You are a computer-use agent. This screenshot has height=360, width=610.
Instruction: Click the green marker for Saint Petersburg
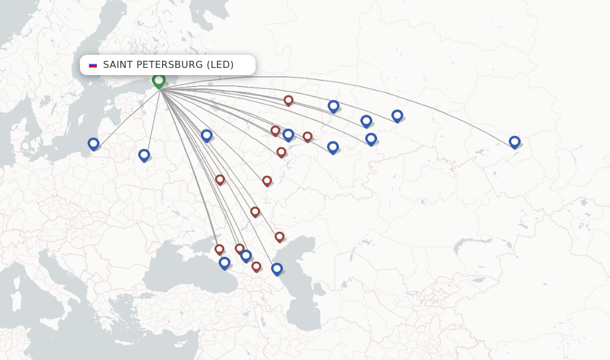click(x=158, y=80)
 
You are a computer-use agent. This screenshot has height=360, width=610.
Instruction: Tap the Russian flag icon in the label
click(x=93, y=65)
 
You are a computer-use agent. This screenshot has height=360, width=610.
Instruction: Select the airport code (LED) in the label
click(x=220, y=64)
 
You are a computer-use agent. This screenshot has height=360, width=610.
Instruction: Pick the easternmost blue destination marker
click(x=515, y=141)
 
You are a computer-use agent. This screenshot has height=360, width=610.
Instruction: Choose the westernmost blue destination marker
click(x=94, y=143)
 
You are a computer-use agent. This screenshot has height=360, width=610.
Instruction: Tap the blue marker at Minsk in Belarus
click(x=144, y=154)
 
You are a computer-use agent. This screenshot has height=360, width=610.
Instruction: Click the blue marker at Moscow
click(x=207, y=135)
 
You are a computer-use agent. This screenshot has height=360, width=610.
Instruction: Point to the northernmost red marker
click(x=288, y=100)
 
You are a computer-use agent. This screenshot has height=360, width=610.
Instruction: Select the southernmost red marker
click(x=256, y=266)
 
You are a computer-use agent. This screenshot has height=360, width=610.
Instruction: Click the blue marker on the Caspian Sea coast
click(x=277, y=268)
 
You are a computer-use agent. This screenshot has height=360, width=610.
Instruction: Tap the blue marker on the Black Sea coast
click(x=225, y=262)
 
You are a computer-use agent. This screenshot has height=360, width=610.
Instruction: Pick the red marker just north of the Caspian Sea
click(x=279, y=236)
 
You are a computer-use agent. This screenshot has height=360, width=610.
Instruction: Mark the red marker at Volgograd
click(x=255, y=211)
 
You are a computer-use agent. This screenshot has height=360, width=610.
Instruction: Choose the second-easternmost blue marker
click(x=397, y=115)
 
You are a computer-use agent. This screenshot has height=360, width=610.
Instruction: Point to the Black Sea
click(x=179, y=274)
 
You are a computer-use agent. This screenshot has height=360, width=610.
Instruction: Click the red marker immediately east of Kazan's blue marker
click(x=307, y=136)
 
